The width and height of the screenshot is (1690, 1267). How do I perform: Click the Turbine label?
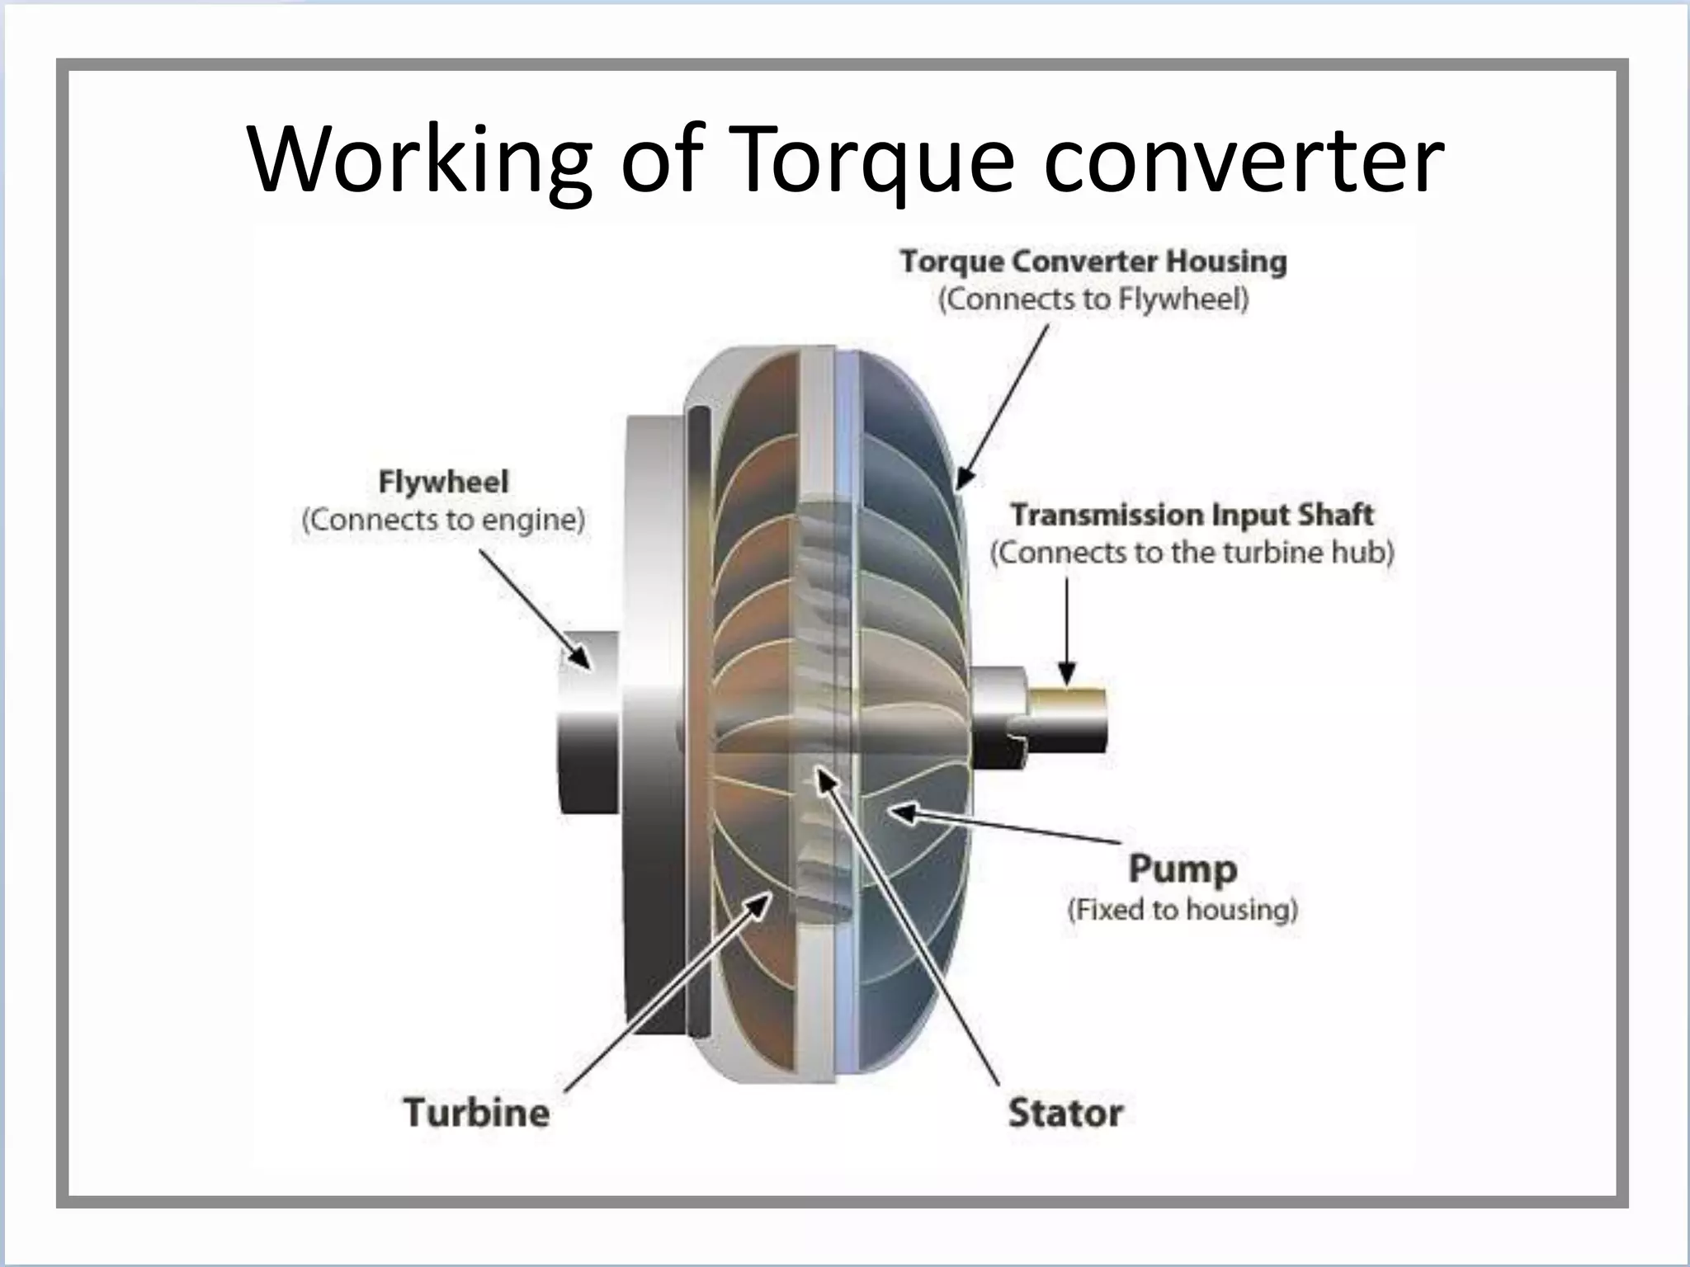[476, 1112]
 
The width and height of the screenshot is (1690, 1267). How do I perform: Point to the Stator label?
[1065, 1113]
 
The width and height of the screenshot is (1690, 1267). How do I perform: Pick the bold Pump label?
[1183, 869]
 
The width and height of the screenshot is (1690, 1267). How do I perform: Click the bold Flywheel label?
[443, 482]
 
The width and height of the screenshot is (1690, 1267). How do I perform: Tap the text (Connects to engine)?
[443, 520]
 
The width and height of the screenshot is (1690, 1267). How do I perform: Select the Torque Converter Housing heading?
[1093, 261]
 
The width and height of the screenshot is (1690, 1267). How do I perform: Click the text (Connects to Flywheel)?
[1093, 299]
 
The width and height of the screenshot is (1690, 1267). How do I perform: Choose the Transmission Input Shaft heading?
[1192, 515]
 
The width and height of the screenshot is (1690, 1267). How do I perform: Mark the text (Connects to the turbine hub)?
[1192, 552]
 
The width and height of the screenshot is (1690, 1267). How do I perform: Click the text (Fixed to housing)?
[1183, 910]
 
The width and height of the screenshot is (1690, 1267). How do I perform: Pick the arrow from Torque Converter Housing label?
[1003, 404]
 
